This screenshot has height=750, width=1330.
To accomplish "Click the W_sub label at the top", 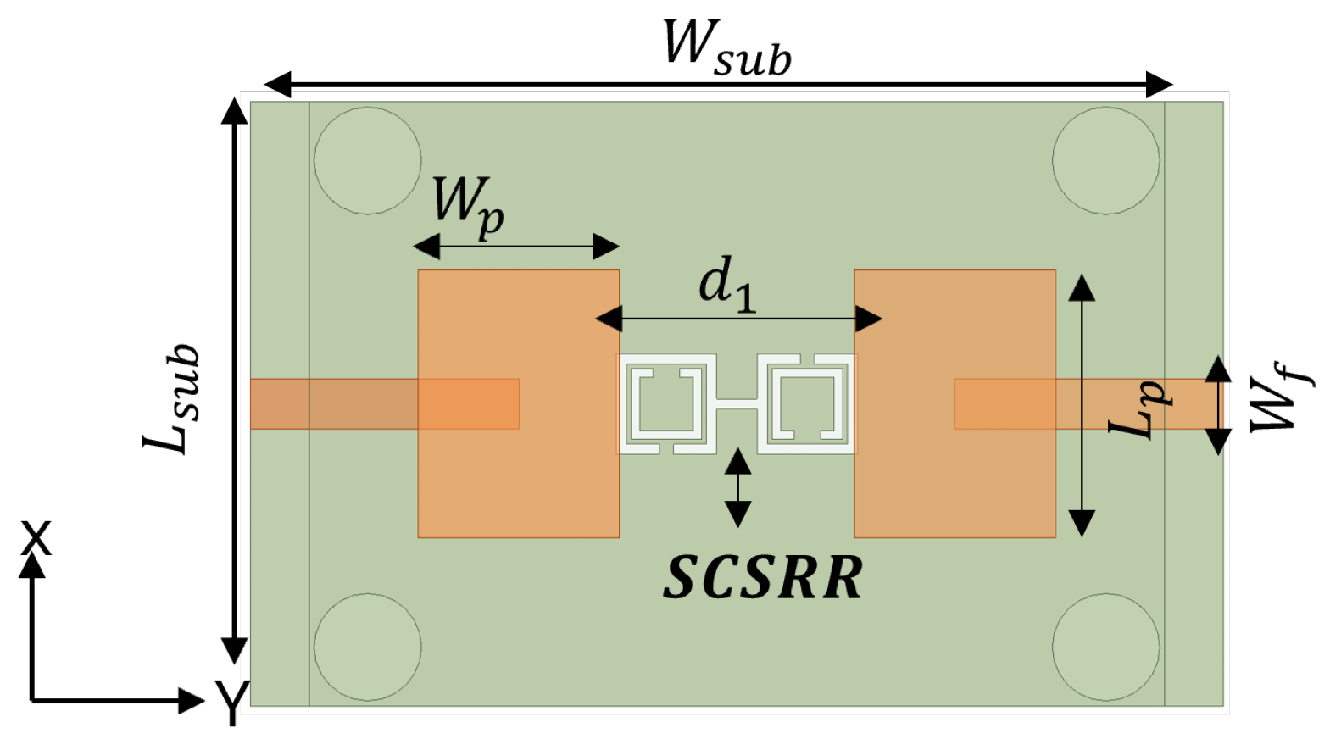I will click(726, 47).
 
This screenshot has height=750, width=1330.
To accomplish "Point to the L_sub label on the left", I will click(172, 398).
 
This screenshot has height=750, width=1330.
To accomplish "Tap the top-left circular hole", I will click(367, 160).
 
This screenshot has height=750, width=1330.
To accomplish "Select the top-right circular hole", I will click(1105, 160).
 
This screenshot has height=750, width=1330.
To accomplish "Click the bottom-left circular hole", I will click(367, 647).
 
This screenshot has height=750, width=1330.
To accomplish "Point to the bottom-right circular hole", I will click(1105, 647).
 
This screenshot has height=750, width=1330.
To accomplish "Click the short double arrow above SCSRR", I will click(737, 488).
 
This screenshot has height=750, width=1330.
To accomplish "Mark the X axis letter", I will click(36, 538).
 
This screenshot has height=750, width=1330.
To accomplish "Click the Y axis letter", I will click(231, 702).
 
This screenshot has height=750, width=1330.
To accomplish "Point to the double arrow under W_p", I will click(516, 247).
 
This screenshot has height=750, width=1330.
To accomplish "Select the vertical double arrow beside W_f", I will click(1218, 405).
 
